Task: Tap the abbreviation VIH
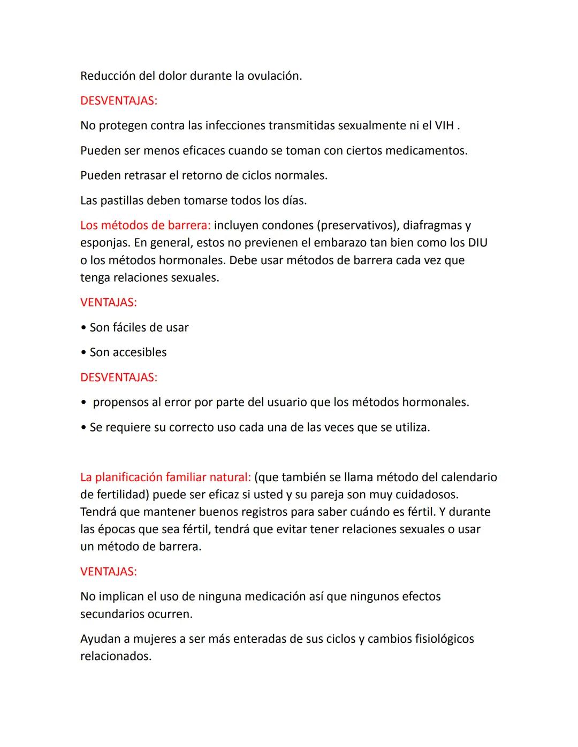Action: click(444, 126)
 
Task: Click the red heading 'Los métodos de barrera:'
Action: click(145, 226)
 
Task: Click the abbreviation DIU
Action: click(477, 243)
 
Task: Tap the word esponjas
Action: click(104, 243)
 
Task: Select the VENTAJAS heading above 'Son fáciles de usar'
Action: click(109, 303)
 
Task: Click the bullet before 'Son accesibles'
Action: click(83, 352)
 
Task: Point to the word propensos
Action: click(120, 402)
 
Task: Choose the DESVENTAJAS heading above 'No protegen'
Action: click(119, 101)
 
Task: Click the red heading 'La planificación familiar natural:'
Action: click(165, 477)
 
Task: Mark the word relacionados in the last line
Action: click(116, 656)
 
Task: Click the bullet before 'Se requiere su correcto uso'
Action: click(83, 428)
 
